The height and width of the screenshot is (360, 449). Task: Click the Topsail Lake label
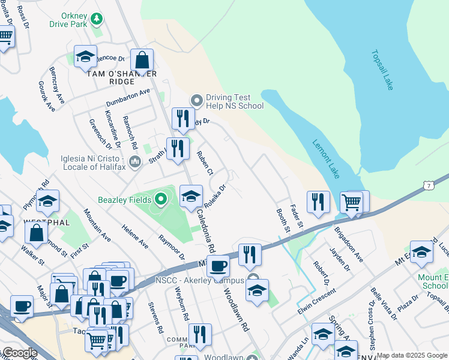click(382, 70)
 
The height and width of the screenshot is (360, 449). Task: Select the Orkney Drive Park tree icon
click(97, 22)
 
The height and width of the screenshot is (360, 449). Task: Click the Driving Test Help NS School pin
click(196, 100)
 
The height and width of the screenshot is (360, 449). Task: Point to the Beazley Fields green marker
click(160, 199)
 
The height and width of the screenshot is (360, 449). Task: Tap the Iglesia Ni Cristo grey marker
click(134, 161)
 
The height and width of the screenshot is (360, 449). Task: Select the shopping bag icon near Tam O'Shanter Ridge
click(142, 60)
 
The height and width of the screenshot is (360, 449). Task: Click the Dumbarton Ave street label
click(128, 98)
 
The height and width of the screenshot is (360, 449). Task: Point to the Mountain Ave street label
click(97, 225)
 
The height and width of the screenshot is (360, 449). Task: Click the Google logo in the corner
click(19, 353)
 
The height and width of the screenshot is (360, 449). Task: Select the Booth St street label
click(283, 221)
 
